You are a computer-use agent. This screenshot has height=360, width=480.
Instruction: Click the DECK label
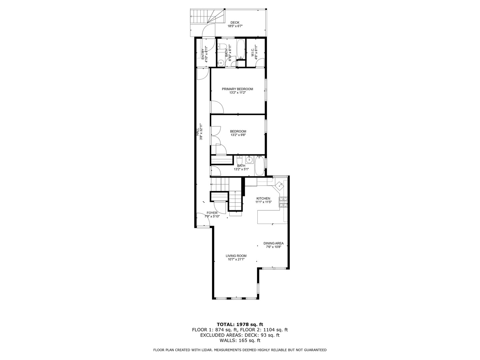click(x=235, y=23)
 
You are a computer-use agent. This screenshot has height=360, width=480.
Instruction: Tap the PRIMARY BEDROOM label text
click(x=237, y=89)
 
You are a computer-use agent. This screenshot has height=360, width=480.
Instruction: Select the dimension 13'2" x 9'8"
click(x=238, y=135)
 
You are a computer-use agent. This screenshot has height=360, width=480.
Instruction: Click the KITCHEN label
click(x=263, y=198)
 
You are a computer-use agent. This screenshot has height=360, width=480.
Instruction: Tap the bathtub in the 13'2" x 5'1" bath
click(x=260, y=166)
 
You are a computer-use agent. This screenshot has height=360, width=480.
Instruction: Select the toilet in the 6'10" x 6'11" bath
click(x=223, y=47)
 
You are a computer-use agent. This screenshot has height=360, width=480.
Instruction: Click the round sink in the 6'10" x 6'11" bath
click(x=221, y=62)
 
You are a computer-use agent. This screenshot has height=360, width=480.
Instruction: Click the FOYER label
click(x=212, y=213)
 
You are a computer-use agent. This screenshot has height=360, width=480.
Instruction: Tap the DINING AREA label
click(x=273, y=243)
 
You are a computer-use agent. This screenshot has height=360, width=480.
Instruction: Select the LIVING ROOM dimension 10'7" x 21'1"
click(x=236, y=259)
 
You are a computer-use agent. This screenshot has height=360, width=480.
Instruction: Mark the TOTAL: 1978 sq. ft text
click(x=240, y=324)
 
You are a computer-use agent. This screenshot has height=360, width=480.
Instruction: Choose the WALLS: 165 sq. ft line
click(x=240, y=340)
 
